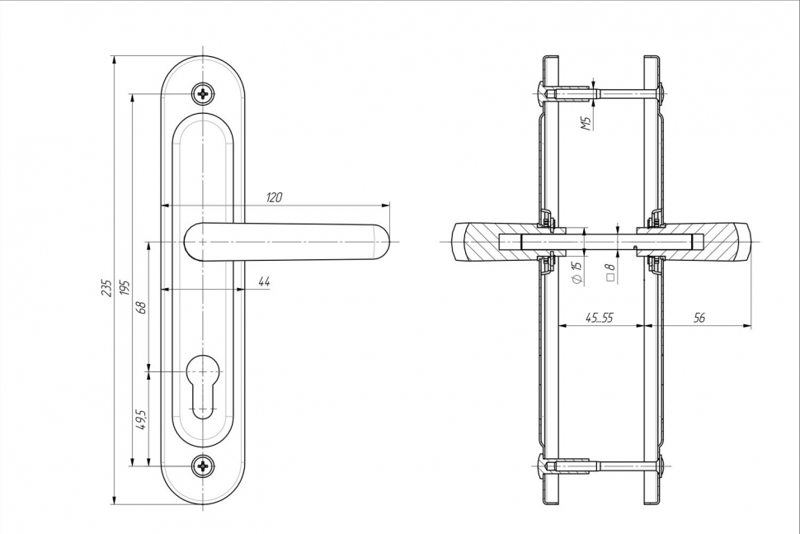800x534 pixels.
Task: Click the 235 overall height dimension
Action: pos(106,287)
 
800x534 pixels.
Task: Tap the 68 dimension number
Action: pos(141,307)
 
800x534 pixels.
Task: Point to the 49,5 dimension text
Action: pos(141,419)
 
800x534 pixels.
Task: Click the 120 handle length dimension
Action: pos(274,197)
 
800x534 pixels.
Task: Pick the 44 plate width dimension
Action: pos(264,281)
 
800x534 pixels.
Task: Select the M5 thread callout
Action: pos(586,124)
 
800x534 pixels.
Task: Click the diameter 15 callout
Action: pos(576,272)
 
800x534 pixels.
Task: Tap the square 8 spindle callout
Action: pos(610,272)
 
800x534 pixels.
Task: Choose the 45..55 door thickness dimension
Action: pos(600,318)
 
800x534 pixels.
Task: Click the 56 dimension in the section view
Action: pos(699,318)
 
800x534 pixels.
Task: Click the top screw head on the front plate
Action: pos(203,93)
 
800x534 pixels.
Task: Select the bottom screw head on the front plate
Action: pos(203,467)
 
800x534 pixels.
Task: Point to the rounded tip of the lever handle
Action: pos(381,241)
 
